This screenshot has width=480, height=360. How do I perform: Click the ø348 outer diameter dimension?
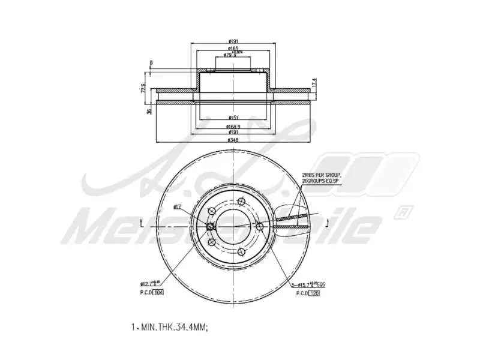[232, 140]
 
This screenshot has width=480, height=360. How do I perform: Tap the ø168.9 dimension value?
[233, 127]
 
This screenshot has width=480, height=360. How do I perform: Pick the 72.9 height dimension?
[143, 89]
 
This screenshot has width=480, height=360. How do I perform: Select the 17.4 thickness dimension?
[314, 82]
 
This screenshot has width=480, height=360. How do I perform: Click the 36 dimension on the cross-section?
[149, 111]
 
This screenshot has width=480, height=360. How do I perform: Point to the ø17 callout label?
[178, 207]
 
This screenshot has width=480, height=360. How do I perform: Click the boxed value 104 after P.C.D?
[158, 292]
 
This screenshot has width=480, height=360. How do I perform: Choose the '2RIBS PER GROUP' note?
[321, 175]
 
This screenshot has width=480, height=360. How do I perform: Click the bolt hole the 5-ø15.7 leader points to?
[259, 226]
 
